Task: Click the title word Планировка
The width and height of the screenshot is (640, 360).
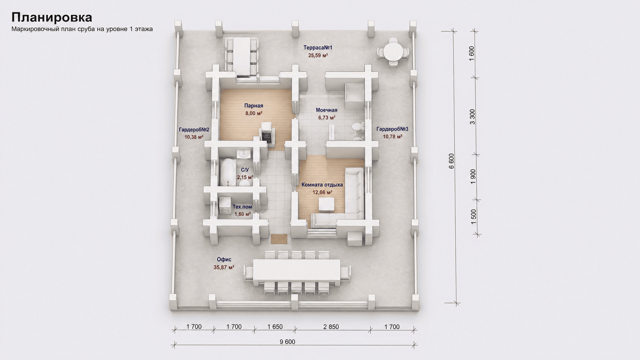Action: pyautogui.click(x=52, y=17)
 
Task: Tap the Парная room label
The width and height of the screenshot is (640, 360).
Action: pyautogui.click(x=254, y=106)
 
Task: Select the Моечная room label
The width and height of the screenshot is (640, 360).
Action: pyautogui.click(x=327, y=110)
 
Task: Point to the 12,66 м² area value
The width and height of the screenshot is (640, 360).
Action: pyautogui.click(x=322, y=192)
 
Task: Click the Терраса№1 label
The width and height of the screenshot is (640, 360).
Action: pyautogui.click(x=318, y=48)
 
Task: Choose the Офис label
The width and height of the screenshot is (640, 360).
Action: pyautogui.click(x=224, y=259)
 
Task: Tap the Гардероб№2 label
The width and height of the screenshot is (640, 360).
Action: pyautogui.click(x=194, y=129)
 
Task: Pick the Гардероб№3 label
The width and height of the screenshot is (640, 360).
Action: pyautogui.click(x=392, y=129)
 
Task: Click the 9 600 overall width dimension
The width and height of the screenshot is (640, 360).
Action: pyautogui.click(x=288, y=342)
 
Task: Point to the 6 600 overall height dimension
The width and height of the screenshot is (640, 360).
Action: pyautogui.click(x=451, y=161)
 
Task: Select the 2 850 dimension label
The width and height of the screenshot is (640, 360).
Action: pyautogui.click(x=331, y=327)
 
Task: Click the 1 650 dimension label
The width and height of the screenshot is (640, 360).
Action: pyautogui.click(x=275, y=327)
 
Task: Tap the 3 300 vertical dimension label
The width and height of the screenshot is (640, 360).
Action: pyautogui.click(x=472, y=117)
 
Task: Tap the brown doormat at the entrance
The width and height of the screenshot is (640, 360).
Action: pyautogui.click(x=279, y=239)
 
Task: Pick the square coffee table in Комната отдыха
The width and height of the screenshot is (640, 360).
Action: pyautogui.click(x=326, y=204)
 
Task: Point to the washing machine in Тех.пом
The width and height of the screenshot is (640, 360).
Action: pyautogui.click(x=225, y=205)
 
